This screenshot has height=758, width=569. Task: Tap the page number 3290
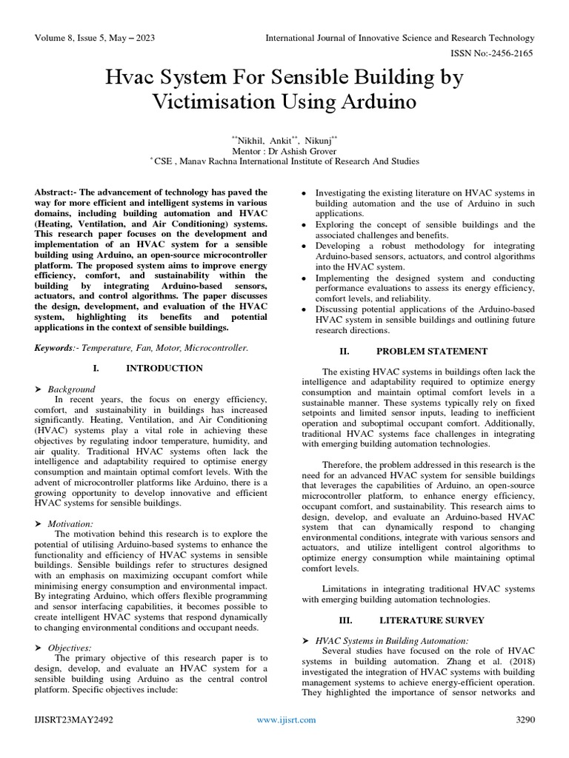[524, 720]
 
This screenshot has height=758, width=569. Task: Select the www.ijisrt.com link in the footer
[286, 720]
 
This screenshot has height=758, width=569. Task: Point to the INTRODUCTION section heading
[164, 368]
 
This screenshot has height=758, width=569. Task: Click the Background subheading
[72, 389]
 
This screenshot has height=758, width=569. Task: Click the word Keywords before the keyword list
[56, 347]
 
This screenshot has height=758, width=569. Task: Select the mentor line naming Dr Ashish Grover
[284, 149]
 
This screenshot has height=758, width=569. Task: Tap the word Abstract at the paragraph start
[56, 192]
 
